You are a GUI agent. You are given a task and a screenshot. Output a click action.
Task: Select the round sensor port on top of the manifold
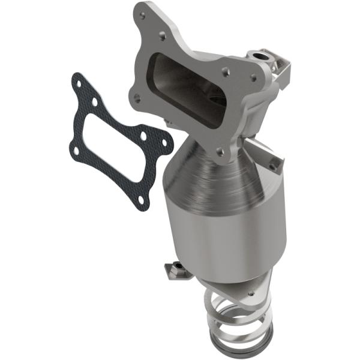point(262,57)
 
